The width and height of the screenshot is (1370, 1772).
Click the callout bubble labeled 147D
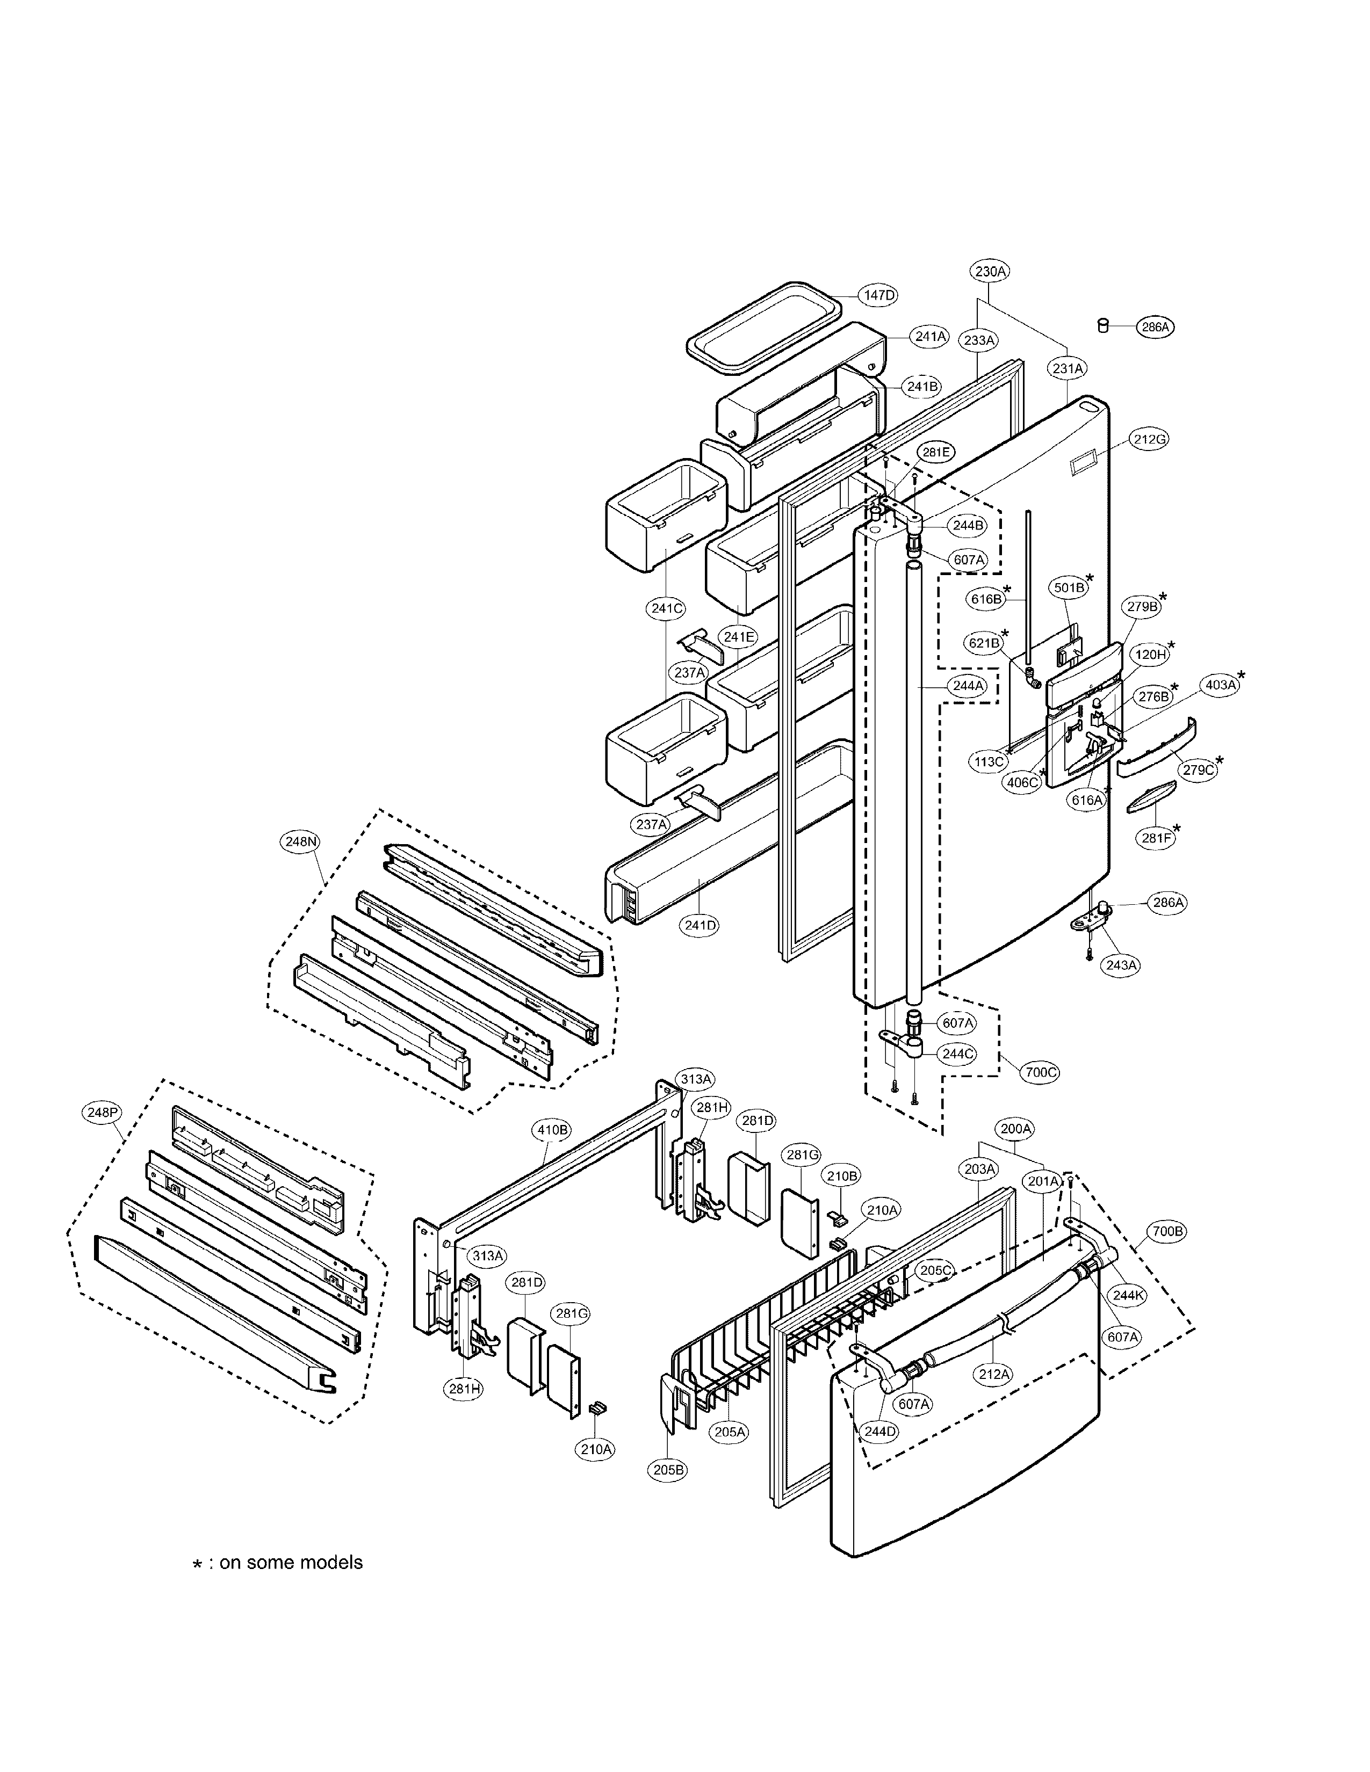pos(879,295)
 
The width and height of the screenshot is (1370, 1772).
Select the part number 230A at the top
pos(990,272)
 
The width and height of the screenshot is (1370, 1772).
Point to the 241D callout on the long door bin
pos(700,924)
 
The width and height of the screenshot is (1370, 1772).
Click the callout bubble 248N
pos(300,842)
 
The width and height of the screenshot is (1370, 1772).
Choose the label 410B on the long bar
pos(552,1129)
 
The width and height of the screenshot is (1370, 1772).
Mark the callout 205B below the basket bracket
pos(668,1469)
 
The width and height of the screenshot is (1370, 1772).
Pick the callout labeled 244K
pos(1127,1295)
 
